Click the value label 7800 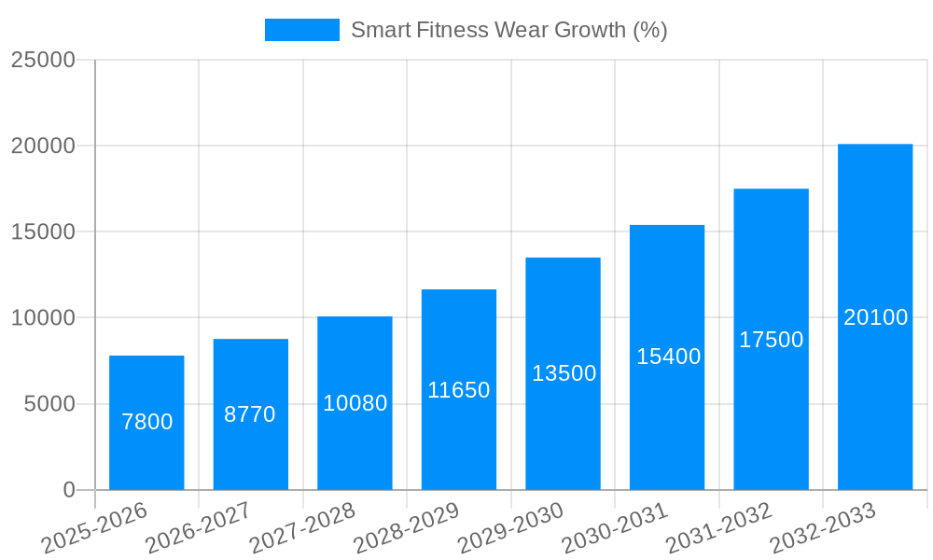[x=147, y=422]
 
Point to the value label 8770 [x=250, y=414]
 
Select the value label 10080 [x=355, y=403]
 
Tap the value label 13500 [x=564, y=373]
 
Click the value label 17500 [x=772, y=340]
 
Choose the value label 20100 [x=875, y=317]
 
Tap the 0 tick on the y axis [x=69, y=490]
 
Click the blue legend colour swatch [x=302, y=30]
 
